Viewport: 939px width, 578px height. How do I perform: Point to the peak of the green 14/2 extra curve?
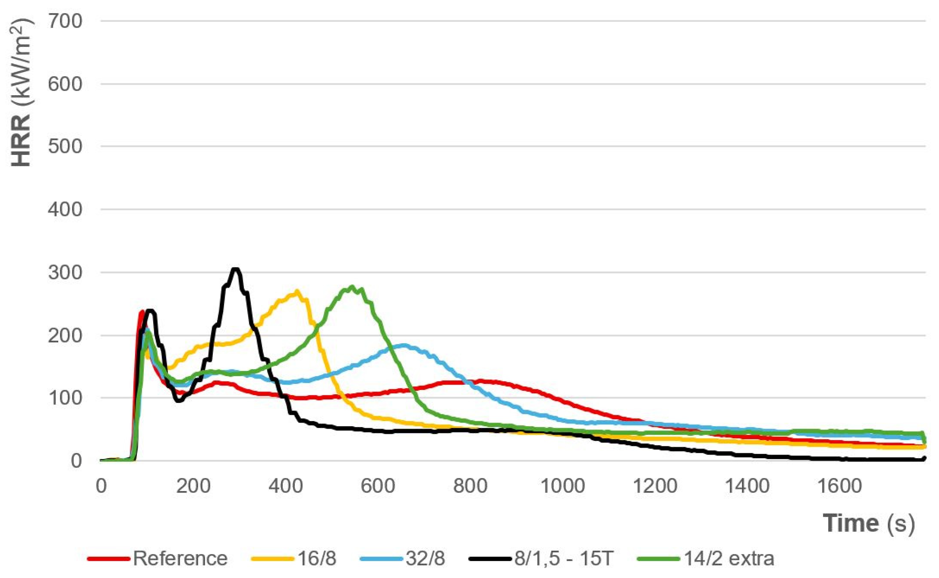click(x=352, y=287)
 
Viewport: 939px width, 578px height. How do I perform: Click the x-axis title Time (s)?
click(x=868, y=523)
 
